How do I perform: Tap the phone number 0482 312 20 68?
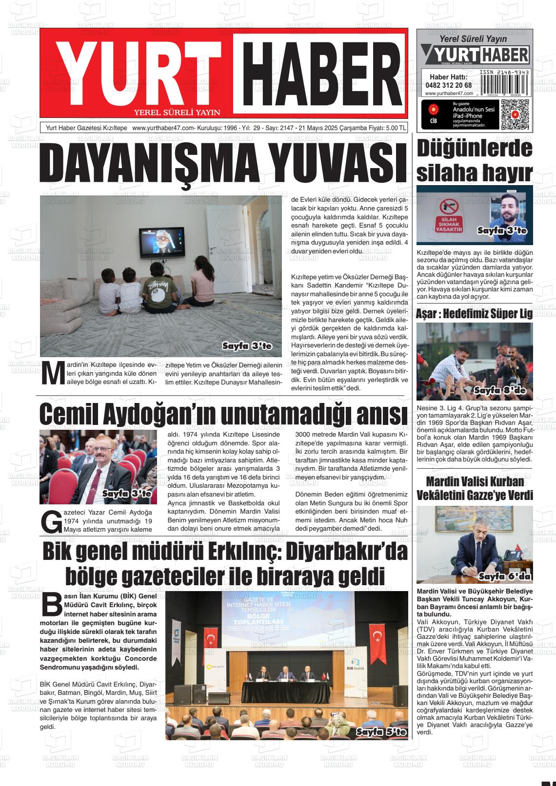click(448, 85)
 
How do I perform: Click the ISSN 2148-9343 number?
click(504, 72)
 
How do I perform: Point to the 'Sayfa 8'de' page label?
click(499, 390)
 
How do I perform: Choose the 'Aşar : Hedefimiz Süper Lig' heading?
click(474, 314)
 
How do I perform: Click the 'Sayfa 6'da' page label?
click(504, 576)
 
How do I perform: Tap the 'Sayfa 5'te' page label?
click(381, 732)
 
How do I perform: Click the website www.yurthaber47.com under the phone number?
click(449, 93)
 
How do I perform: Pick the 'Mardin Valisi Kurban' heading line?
click(475, 482)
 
